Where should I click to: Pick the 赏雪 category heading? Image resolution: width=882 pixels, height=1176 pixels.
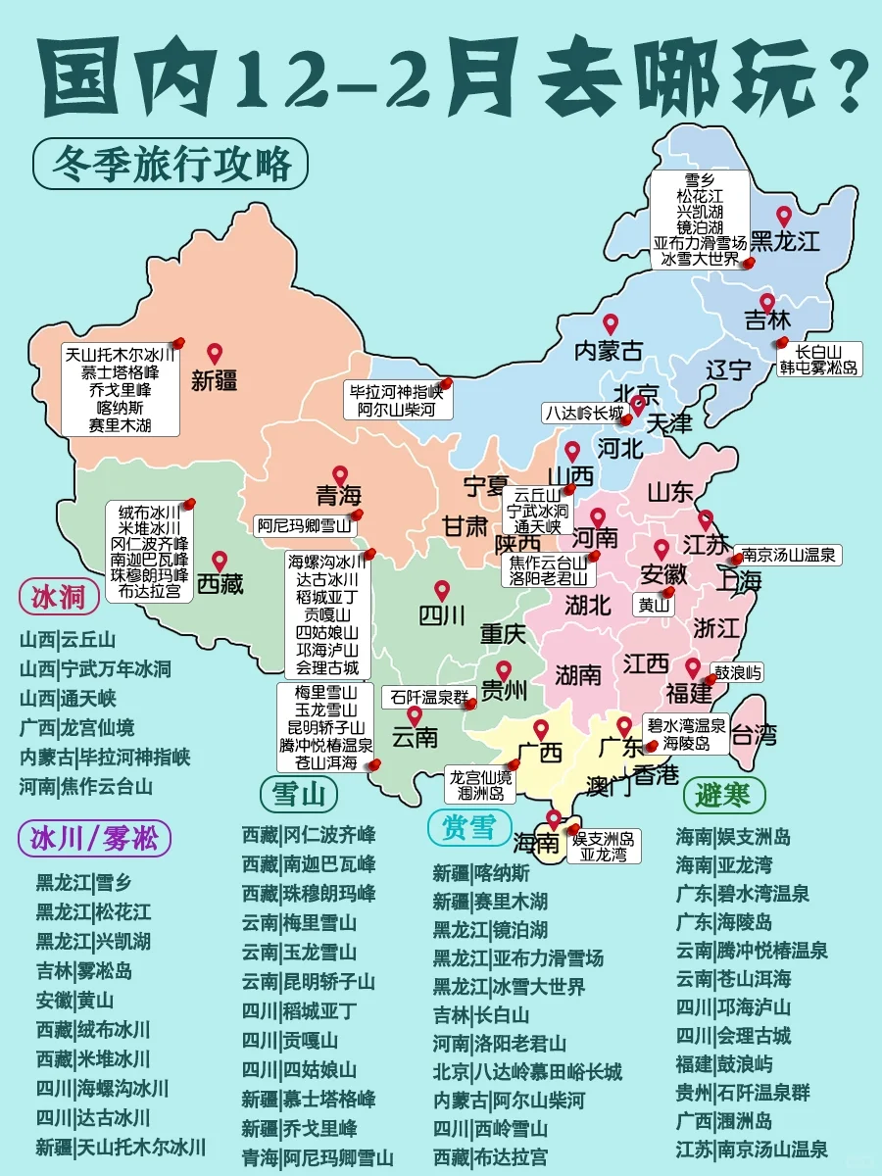point(469,827)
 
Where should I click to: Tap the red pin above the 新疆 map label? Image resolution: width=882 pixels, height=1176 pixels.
point(215,354)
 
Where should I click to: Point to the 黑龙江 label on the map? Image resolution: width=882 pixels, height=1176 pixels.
point(784,241)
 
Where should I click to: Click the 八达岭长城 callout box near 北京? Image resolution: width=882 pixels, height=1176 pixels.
point(584,414)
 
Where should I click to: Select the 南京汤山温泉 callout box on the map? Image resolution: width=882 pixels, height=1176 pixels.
point(788,555)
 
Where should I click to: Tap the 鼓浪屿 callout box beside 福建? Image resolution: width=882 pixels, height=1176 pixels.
point(738,673)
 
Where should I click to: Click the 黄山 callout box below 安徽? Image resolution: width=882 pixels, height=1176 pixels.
point(655,605)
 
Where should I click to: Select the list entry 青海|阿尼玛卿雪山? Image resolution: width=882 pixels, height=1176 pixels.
point(318,1157)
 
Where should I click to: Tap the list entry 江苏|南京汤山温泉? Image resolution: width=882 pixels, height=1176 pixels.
point(752,1150)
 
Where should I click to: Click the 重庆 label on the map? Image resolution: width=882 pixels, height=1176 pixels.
point(503,633)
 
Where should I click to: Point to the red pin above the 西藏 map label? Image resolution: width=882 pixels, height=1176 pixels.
point(220,561)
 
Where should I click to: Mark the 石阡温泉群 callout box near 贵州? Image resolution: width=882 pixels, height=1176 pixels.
point(428,697)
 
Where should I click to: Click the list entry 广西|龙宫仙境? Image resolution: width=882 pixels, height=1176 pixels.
point(76,727)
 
